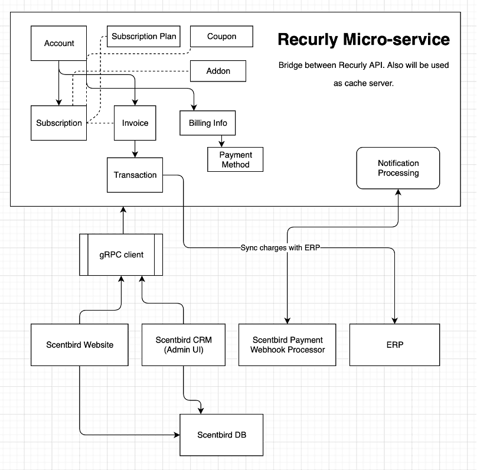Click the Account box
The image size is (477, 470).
[59, 43]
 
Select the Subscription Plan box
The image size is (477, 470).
[143, 37]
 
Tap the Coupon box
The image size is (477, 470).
[221, 37]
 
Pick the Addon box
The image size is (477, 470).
[218, 71]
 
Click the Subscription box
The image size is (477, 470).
[59, 123]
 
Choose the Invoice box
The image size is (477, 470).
[135, 123]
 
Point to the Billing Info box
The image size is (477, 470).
[208, 123]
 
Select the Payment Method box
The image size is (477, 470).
[236, 159]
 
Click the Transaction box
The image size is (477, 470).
[135, 175]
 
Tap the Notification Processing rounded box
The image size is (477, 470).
[398, 168]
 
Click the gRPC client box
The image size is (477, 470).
[121, 254]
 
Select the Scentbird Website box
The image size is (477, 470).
[80, 345]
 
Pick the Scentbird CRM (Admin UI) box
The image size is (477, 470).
[184, 345]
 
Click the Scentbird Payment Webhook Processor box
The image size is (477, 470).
[287, 345]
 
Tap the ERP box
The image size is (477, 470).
[395, 345]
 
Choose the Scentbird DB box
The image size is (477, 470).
[221, 435]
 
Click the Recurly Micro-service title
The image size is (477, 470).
[364, 40]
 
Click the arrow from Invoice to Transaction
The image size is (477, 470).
[135, 149]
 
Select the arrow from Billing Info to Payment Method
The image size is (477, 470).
[222, 141]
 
